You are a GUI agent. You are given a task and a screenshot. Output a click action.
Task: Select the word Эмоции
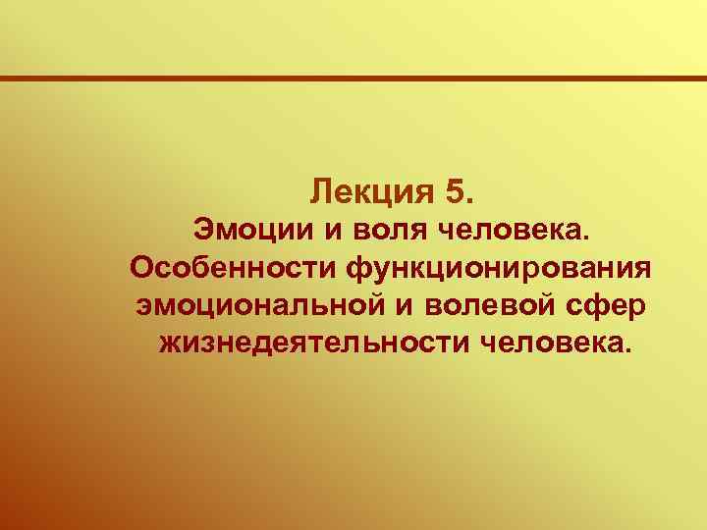pos(246,231)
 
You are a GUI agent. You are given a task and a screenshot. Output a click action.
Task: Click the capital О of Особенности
pos(139,268)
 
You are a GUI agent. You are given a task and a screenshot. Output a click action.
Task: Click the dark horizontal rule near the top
pos(353,79)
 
